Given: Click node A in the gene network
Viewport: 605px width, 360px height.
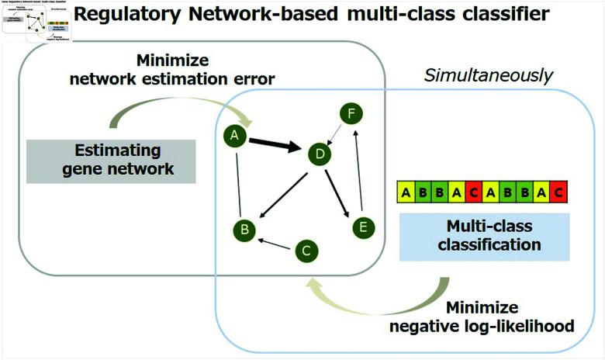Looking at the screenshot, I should (x=233, y=137).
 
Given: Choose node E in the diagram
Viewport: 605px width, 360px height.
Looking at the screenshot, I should (x=362, y=227).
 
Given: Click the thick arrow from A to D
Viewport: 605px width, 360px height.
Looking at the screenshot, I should (x=275, y=144).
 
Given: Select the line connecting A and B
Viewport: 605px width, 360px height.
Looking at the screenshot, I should (x=239, y=183).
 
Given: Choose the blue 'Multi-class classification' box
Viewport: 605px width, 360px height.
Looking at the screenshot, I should (x=484, y=237).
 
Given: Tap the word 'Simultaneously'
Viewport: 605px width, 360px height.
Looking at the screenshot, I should (x=488, y=75).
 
